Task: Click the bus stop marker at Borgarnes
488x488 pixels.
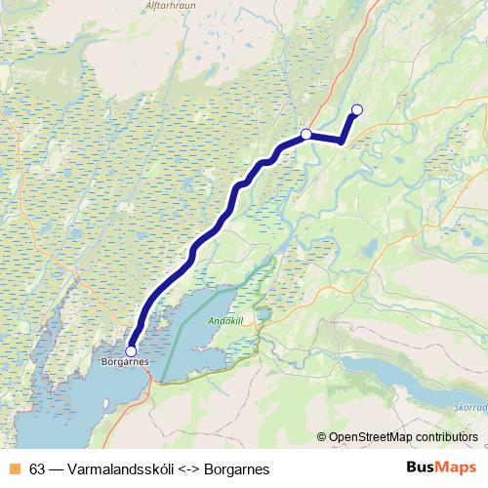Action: click(131, 350)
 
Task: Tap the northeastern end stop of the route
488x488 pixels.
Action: click(356, 109)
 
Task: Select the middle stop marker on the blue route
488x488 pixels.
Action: click(305, 134)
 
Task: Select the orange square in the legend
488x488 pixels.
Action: click(13, 468)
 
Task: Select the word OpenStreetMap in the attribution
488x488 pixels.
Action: click(372, 436)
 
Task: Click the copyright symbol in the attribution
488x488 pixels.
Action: click(322, 436)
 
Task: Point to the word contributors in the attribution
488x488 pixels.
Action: click(446, 436)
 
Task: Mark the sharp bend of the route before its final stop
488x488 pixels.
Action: click(342, 142)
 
